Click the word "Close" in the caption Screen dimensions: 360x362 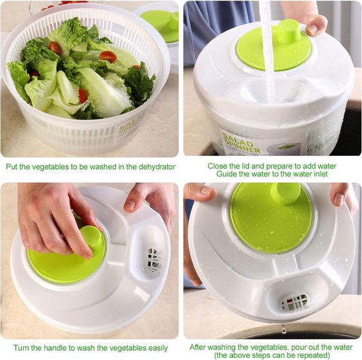coord(219,167)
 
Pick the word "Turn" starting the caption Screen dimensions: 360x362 coord(24,347)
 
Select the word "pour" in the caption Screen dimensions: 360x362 coord(297,347)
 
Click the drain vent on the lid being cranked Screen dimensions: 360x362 coord(153,259)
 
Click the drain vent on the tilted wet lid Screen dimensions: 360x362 coord(294,302)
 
